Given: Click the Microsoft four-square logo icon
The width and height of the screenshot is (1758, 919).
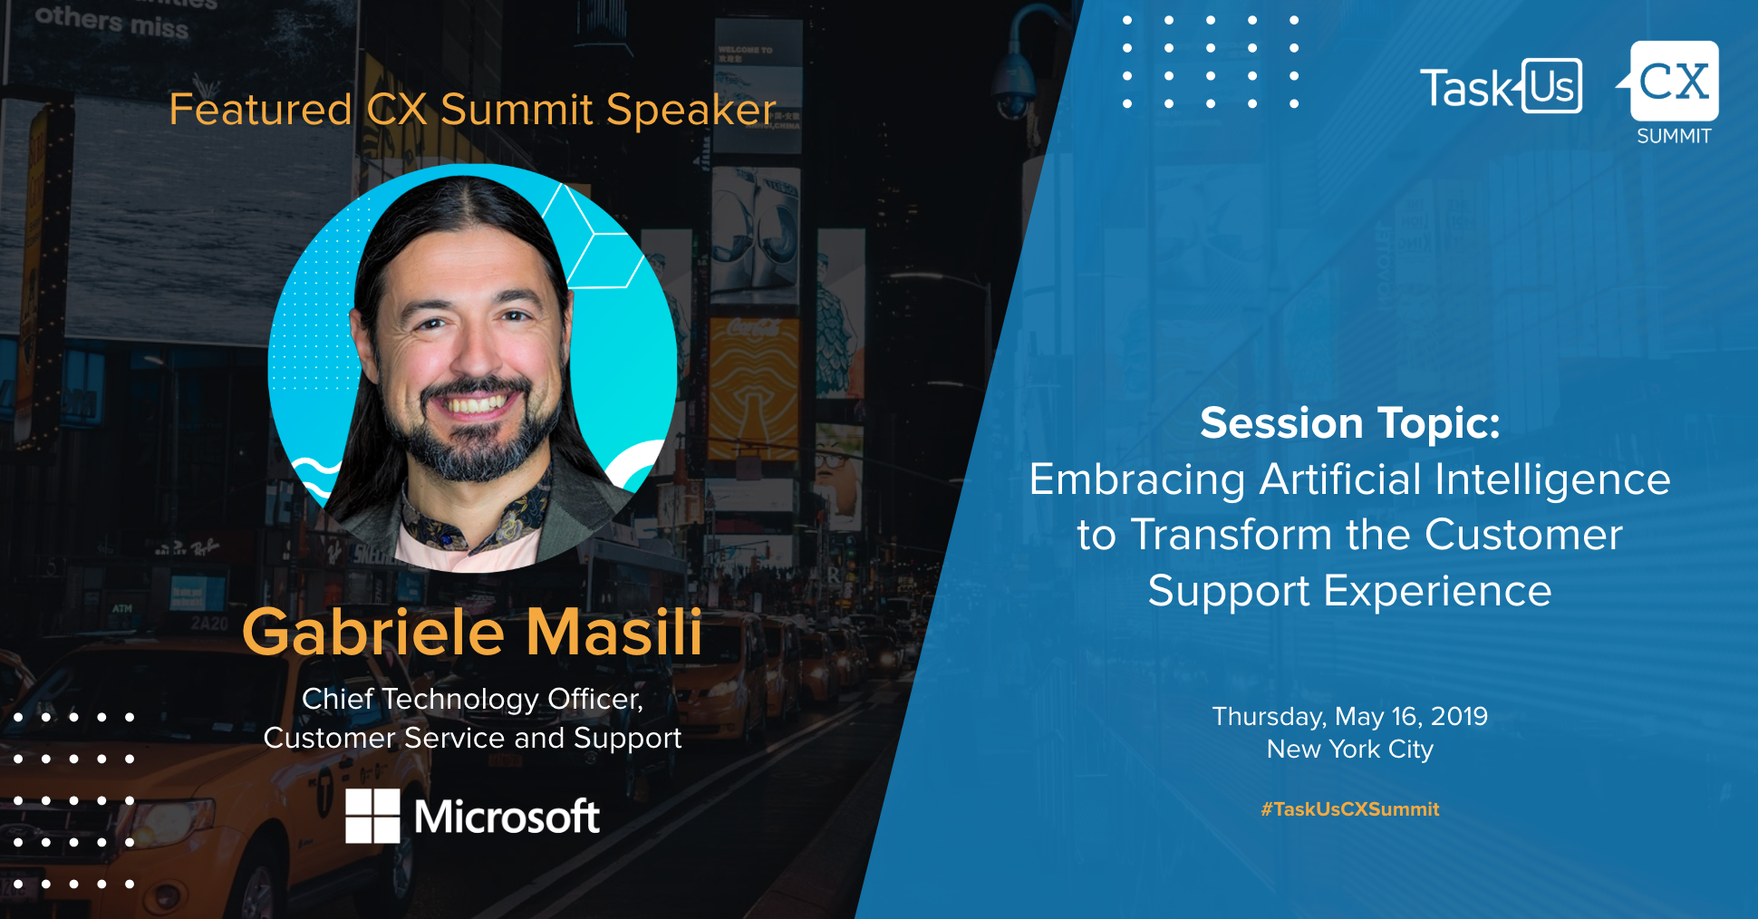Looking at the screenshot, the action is (x=372, y=816).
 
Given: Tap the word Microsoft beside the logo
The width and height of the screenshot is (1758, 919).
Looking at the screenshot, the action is (x=507, y=817).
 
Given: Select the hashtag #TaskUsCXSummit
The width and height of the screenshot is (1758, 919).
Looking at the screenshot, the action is (x=1349, y=809).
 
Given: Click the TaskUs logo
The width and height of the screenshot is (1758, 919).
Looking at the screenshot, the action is (x=1501, y=87).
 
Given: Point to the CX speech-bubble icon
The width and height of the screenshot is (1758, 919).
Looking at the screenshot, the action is (x=1672, y=82).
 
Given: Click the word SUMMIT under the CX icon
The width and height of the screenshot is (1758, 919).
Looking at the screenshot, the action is (x=1674, y=136).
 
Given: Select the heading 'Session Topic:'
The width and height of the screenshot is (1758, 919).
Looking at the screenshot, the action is (x=1349, y=423).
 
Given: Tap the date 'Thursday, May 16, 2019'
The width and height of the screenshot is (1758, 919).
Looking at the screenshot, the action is (x=1349, y=717).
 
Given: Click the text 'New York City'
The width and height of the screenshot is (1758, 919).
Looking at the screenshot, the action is (x=1349, y=750).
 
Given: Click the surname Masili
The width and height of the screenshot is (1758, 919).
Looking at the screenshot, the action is (x=614, y=632).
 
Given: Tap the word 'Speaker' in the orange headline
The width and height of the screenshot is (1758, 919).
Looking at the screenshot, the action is (x=691, y=110).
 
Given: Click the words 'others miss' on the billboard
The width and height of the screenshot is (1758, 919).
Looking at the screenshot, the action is (x=111, y=22).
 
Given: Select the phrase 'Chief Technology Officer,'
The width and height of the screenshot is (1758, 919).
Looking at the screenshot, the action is (x=472, y=700).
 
